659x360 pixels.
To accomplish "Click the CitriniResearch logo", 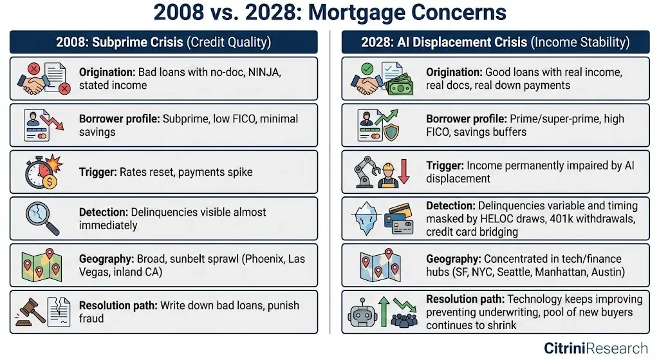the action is (x=596, y=348).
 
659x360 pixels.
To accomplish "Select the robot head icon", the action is (x=362, y=312).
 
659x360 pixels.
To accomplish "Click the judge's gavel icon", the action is (x=30, y=312).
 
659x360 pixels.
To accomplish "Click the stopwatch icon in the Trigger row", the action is (x=41, y=173).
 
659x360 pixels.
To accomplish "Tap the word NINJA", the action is (x=263, y=72).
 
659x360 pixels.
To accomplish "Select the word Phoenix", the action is (x=263, y=259).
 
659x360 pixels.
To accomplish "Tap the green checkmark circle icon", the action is (x=367, y=68).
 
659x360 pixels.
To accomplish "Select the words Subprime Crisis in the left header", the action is (x=138, y=42).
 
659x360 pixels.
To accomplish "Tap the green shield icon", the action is (x=392, y=133).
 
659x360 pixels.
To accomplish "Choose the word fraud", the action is (x=91, y=318).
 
